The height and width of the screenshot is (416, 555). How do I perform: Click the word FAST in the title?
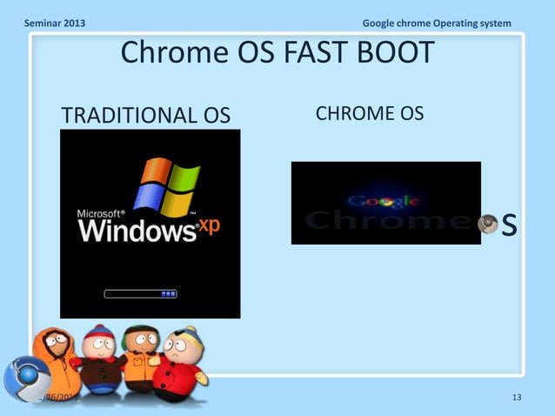click(304, 53)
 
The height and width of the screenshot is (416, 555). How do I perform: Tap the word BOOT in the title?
click(388, 53)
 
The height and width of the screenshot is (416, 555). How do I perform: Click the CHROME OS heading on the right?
click(369, 113)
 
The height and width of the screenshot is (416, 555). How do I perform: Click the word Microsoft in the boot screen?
click(101, 212)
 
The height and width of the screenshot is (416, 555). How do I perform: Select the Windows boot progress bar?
click(141, 294)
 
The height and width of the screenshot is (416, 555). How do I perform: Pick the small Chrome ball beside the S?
click(490, 224)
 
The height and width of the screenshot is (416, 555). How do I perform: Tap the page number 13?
click(517, 399)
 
